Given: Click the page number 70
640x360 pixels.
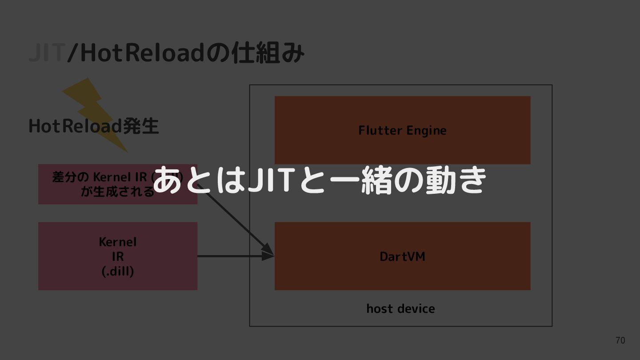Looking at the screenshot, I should [620, 340].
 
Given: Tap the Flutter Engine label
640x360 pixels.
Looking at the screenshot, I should [402, 130].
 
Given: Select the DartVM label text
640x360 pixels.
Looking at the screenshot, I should [402, 256].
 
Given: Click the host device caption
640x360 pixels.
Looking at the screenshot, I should [400, 308].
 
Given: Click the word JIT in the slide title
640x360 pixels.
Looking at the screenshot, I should [46, 53].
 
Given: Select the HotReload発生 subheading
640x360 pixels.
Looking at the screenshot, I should [93, 126].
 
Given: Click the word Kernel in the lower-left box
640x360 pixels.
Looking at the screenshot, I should [118, 242].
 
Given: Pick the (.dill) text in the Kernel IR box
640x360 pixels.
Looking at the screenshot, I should [118, 271].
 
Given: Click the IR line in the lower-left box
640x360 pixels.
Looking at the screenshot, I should [118, 256].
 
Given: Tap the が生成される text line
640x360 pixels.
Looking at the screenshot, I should [117, 192].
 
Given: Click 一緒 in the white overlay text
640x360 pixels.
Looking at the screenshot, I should [358, 180].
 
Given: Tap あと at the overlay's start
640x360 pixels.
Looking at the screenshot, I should [183, 180].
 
